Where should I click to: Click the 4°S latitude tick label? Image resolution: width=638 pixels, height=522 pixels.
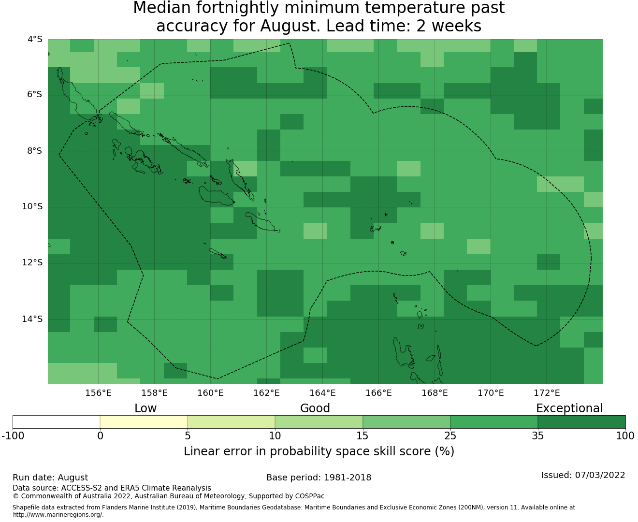click(35, 39)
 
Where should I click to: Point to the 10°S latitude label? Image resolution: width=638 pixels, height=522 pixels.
click(32, 207)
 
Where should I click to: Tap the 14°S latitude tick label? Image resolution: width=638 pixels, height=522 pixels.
click(32, 319)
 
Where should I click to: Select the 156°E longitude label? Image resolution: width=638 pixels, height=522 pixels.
click(98, 393)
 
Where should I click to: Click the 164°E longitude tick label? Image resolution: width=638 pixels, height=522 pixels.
click(322, 393)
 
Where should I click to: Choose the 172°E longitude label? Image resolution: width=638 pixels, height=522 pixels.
click(547, 393)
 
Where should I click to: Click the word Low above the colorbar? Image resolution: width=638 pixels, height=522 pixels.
click(145, 408)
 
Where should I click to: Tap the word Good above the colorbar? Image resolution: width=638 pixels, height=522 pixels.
click(315, 408)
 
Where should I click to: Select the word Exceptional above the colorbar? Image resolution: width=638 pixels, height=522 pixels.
click(569, 409)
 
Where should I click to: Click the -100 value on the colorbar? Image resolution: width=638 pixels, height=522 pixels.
click(13, 436)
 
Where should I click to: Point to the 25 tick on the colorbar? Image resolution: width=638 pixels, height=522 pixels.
click(450, 436)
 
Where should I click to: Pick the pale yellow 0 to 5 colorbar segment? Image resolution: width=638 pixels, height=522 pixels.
click(144, 422)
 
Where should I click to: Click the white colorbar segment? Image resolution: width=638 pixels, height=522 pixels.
click(56, 422)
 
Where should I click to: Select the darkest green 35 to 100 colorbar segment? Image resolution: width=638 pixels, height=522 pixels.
click(581, 422)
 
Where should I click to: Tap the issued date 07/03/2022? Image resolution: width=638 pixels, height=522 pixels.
click(600, 476)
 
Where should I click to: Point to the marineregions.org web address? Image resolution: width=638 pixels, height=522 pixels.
click(58, 515)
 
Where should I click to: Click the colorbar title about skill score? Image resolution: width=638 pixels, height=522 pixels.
click(319, 451)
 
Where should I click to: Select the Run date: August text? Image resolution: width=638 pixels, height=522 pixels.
click(50, 478)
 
